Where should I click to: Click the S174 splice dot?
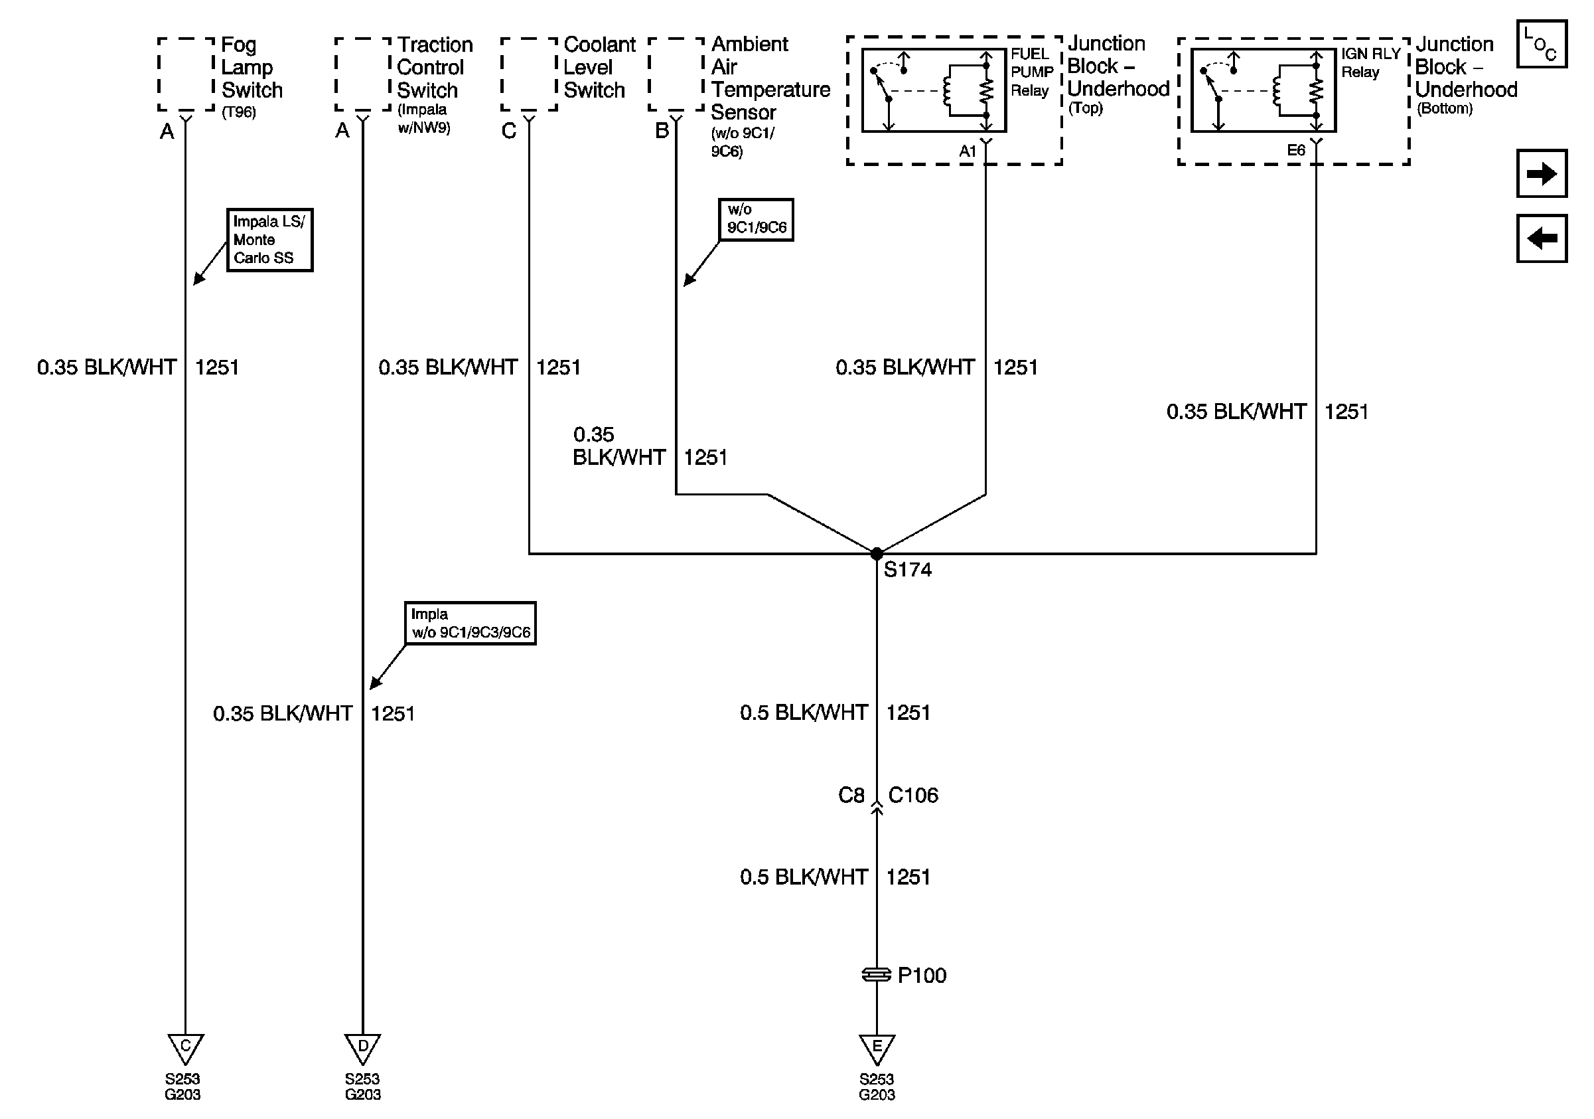click(876, 554)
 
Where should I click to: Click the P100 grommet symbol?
click(876, 975)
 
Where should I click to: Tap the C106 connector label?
click(913, 796)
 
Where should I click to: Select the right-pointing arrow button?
click(1541, 173)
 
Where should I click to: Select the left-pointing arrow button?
click(1541, 239)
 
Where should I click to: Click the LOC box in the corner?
click(1541, 44)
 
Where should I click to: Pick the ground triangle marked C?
click(184, 1047)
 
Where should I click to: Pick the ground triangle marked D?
click(362, 1047)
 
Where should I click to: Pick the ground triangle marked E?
click(876, 1047)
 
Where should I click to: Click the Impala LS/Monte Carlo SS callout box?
click(269, 240)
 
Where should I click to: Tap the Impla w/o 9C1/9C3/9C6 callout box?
click(470, 623)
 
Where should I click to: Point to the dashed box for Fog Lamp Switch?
click(185, 74)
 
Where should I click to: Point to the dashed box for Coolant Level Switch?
click(528, 74)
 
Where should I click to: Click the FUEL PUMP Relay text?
click(1031, 72)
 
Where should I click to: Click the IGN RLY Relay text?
click(1370, 62)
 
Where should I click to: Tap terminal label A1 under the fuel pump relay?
click(967, 151)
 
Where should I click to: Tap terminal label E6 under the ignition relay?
click(1295, 151)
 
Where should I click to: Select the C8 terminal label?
click(851, 796)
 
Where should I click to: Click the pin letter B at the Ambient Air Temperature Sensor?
click(662, 131)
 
